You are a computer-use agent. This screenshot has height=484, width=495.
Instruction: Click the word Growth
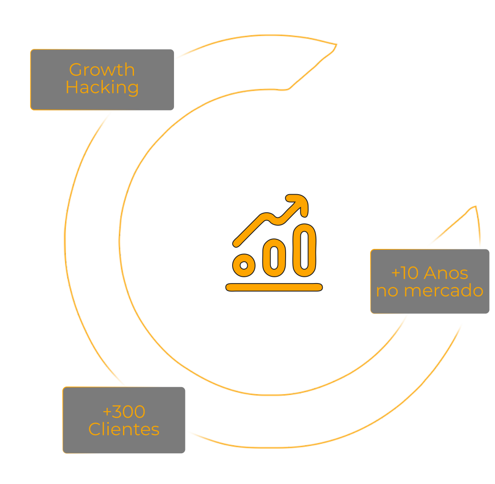click(x=102, y=70)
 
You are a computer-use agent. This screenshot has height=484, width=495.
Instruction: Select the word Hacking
click(x=102, y=87)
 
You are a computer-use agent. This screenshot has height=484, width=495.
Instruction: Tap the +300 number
click(x=124, y=412)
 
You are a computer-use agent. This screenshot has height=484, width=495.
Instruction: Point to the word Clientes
click(x=124, y=429)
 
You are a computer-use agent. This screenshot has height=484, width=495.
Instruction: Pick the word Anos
click(x=446, y=273)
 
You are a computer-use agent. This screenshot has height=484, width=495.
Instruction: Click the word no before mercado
click(x=387, y=291)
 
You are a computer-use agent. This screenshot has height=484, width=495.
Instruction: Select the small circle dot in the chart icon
click(x=244, y=265)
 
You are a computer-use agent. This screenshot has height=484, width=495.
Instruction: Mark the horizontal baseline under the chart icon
click(x=274, y=288)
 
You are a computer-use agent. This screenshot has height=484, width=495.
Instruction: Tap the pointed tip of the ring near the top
click(x=336, y=44)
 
